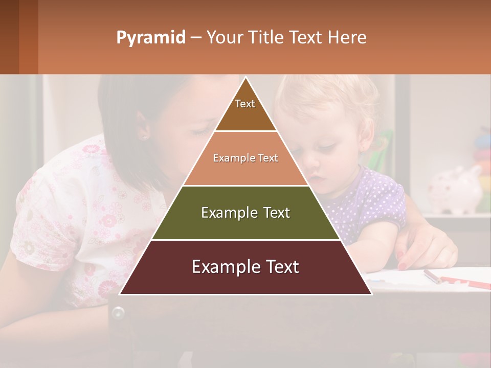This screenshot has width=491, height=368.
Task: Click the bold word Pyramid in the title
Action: coord(151,38)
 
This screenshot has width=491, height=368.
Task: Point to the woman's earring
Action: coord(144,137)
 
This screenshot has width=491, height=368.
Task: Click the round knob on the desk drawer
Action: coord(119,312)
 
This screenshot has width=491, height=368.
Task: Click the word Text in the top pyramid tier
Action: coord(244,104)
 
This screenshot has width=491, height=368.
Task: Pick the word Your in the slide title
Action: coord(223,38)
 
